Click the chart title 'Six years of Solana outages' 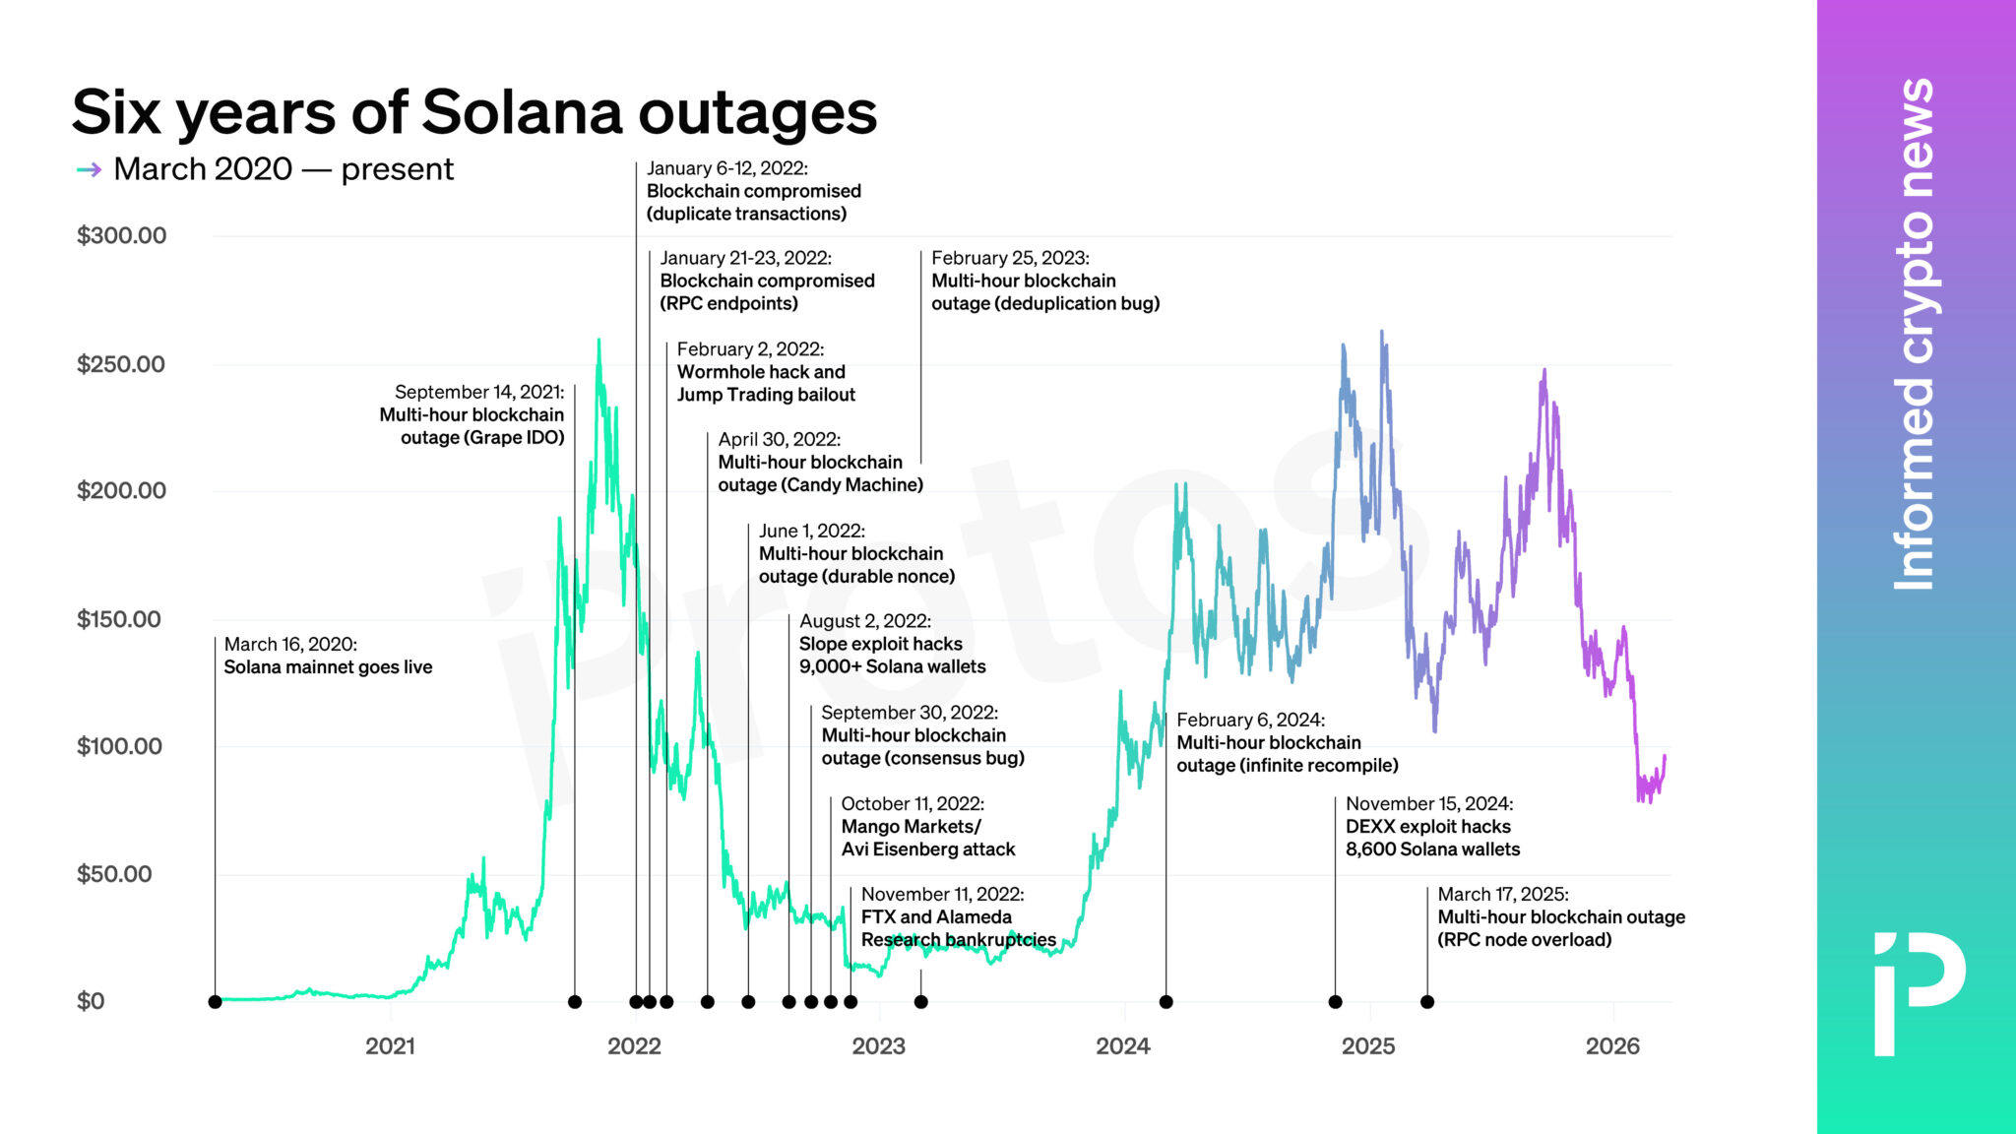pos(473,112)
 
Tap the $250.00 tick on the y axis pos(121,364)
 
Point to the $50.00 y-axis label pos(114,874)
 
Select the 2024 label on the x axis pos(1123,1046)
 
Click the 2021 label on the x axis pos(390,1046)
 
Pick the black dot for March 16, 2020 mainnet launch pos(216,1002)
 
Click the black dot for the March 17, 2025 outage pos(1427,1002)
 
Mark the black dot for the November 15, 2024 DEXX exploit pos(1335,1002)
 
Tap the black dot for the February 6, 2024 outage pos(1166,1002)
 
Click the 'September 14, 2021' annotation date pos(479,392)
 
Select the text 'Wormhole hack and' pos(761,372)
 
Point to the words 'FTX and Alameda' pos(936,917)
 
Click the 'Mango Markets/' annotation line pos(911,827)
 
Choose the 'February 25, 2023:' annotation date pos(1010,258)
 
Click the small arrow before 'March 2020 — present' pos(90,170)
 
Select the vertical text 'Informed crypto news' pos(1915,335)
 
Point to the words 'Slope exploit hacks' pos(880,644)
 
